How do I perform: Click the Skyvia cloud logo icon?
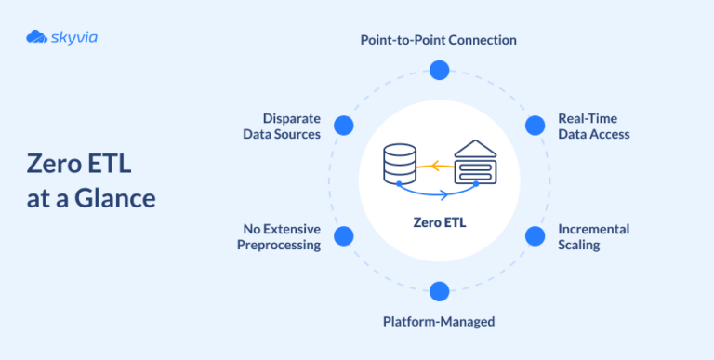[x=37, y=37]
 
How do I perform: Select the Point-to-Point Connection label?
[x=439, y=41]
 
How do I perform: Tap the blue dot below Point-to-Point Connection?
[x=439, y=70]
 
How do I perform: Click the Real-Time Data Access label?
[x=593, y=127]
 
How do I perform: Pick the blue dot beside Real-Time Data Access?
[x=535, y=126]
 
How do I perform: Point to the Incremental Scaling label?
[x=593, y=237]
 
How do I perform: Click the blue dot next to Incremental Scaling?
[x=535, y=236]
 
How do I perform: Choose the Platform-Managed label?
[x=439, y=322]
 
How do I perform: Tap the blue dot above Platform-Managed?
[x=439, y=291]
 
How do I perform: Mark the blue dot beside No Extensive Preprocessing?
[x=343, y=236]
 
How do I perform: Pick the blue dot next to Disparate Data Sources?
[x=343, y=126]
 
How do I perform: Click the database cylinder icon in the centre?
[x=400, y=165]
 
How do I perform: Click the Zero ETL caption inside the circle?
[x=439, y=223]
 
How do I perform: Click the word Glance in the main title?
[x=118, y=198]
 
